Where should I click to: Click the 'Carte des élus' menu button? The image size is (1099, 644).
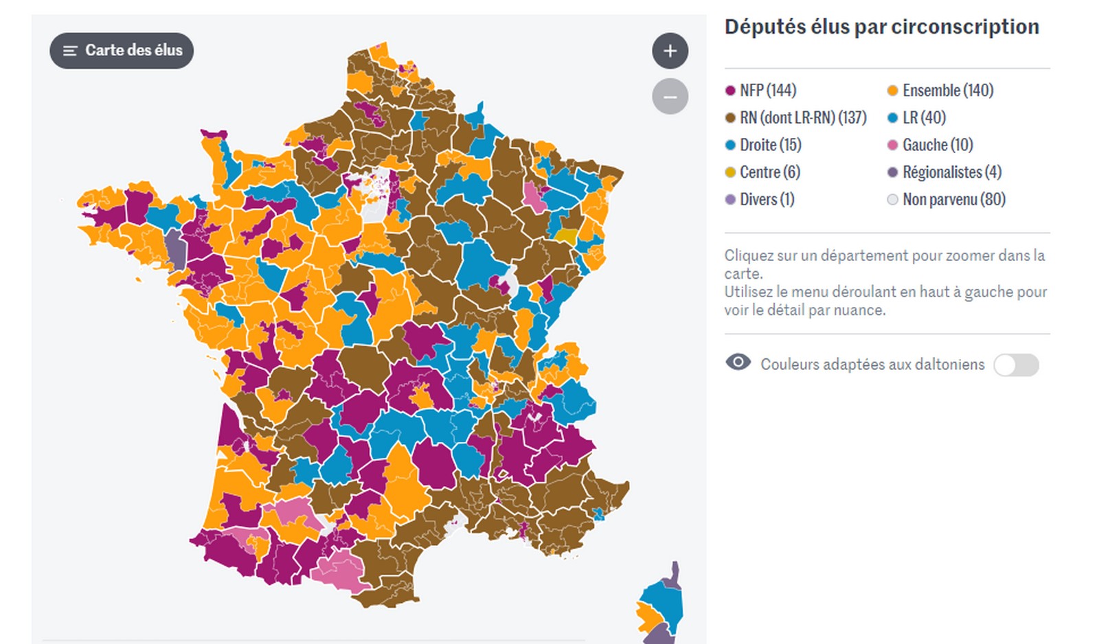pyautogui.click(x=122, y=51)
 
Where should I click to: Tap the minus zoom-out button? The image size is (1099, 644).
pyautogui.click(x=670, y=97)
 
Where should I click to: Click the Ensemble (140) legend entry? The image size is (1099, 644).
pyautogui.click(x=940, y=91)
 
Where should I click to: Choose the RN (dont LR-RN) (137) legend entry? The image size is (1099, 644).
pyautogui.click(x=796, y=118)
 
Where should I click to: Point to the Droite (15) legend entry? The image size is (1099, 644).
pyautogui.click(x=763, y=145)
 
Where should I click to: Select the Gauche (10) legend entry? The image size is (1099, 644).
pyautogui.click(x=930, y=145)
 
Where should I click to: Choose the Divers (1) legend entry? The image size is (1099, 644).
pyautogui.click(x=760, y=200)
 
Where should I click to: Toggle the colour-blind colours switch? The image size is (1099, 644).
pyautogui.click(x=1016, y=365)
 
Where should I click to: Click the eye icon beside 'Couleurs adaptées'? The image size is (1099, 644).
pyautogui.click(x=738, y=363)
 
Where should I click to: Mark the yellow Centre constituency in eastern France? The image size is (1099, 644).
pyautogui.click(x=566, y=236)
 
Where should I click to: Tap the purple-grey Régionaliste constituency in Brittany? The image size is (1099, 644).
pyautogui.click(x=176, y=250)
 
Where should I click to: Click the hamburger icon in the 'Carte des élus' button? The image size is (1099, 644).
pyautogui.click(x=70, y=51)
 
